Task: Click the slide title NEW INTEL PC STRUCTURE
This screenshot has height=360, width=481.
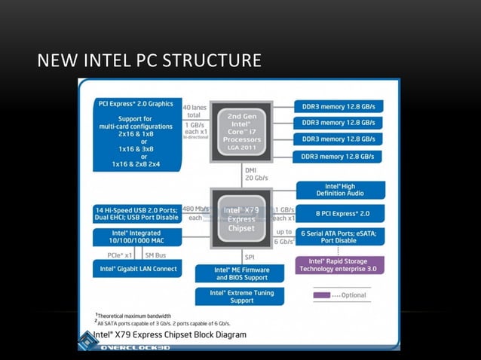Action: point(149,59)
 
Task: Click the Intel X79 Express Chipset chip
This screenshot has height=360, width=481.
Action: point(241,218)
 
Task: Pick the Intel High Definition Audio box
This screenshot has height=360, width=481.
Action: point(340,190)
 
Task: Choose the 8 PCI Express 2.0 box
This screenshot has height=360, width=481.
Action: point(340,213)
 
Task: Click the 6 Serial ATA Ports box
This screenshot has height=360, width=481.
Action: point(340,236)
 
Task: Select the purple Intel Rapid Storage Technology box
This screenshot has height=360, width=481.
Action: point(340,264)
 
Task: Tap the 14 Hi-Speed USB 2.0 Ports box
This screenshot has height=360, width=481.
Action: point(136,213)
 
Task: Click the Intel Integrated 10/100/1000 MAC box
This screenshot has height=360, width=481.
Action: point(136,237)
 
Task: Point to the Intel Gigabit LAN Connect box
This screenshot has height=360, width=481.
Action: point(136,268)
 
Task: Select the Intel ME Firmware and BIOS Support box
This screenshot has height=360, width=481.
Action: point(240,273)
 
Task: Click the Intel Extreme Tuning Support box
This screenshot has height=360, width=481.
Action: point(240,296)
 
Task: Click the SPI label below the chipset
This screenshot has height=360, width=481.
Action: point(250,256)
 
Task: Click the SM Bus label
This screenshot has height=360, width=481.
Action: point(155,255)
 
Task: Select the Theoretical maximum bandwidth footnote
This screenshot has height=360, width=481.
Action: point(134,315)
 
